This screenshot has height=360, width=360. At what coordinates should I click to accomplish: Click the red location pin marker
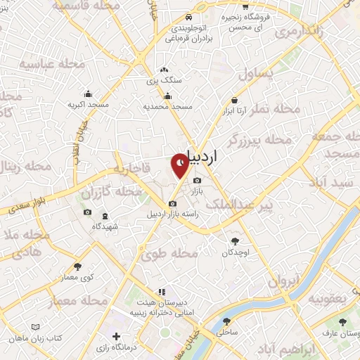point(180,165)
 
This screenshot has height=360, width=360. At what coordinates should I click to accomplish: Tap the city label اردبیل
point(214,157)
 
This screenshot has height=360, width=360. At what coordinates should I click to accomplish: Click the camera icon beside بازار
point(197,179)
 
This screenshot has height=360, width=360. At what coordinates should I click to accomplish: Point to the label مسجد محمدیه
point(168,106)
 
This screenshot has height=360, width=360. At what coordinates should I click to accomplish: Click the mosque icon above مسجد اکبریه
point(88,94)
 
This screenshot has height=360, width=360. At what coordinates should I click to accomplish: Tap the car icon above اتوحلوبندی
point(188,18)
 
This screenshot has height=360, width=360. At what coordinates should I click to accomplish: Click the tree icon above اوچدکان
point(235,241)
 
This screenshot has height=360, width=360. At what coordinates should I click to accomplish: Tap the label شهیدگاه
point(105,226)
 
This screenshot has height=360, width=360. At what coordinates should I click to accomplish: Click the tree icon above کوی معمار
point(77,266)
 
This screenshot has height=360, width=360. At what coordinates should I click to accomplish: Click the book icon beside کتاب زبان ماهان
point(36,327)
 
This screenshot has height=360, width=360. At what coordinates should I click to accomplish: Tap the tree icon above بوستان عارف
point(342,322)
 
